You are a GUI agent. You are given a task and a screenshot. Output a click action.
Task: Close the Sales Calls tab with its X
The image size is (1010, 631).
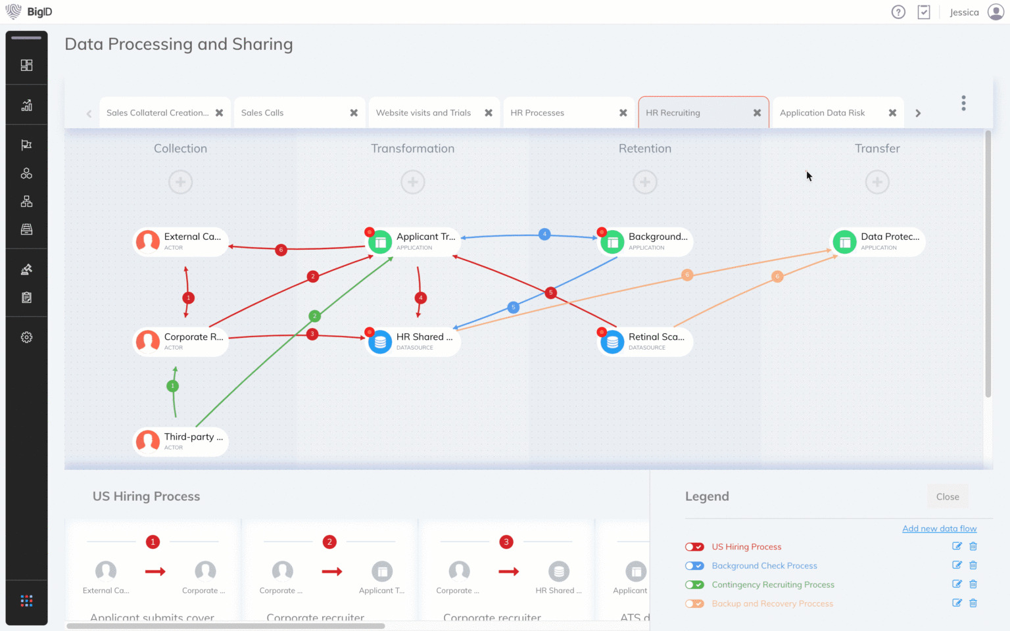coord(354,113)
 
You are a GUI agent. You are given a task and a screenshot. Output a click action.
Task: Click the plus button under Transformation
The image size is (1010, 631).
coord(413,182)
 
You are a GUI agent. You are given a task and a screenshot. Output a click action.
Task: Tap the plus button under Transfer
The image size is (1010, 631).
coord(877,182)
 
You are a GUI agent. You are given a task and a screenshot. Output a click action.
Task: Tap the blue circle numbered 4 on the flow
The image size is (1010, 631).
coord(544,234)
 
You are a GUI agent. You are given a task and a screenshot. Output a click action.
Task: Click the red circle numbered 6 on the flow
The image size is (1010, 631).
coord(281,250)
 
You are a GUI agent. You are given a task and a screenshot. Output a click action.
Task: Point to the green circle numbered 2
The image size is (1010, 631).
coord(314,315)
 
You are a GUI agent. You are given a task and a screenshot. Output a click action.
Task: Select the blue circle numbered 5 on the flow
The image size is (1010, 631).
coord(514,307)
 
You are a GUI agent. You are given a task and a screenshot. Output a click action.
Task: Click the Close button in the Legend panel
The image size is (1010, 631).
coord(948,497)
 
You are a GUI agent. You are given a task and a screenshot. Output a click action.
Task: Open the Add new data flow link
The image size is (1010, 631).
coord(939,528)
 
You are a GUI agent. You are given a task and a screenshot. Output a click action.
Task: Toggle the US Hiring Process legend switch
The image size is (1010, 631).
coord(694,547)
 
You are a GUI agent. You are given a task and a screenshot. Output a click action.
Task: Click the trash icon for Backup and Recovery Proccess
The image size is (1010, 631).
coord(973,603)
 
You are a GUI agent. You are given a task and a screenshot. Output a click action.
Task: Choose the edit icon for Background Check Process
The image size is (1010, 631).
coord(957,565)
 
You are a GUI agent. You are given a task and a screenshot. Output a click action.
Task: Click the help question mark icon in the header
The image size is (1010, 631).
coord(898,12)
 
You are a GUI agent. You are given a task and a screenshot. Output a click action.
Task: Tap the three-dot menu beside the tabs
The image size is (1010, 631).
coord(963,103)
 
